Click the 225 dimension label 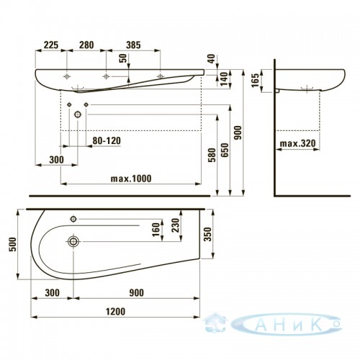pyautogui.click(x=51, y=45)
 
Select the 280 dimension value pyautogui.click(x=86, y=45)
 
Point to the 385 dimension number pyautogui.click(x=133, y=45)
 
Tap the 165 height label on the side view pyautogui.click(x=256, y=80)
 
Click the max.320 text pyautogui.click(x=298, y=143)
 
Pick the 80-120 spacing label pyautogui.click(x=107, y=140)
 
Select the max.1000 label pyautogui.click(x=131, y=179)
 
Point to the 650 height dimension pyautogui.click(x=225, y=150)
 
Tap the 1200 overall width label pyautogui.click(x=115, y=312)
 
